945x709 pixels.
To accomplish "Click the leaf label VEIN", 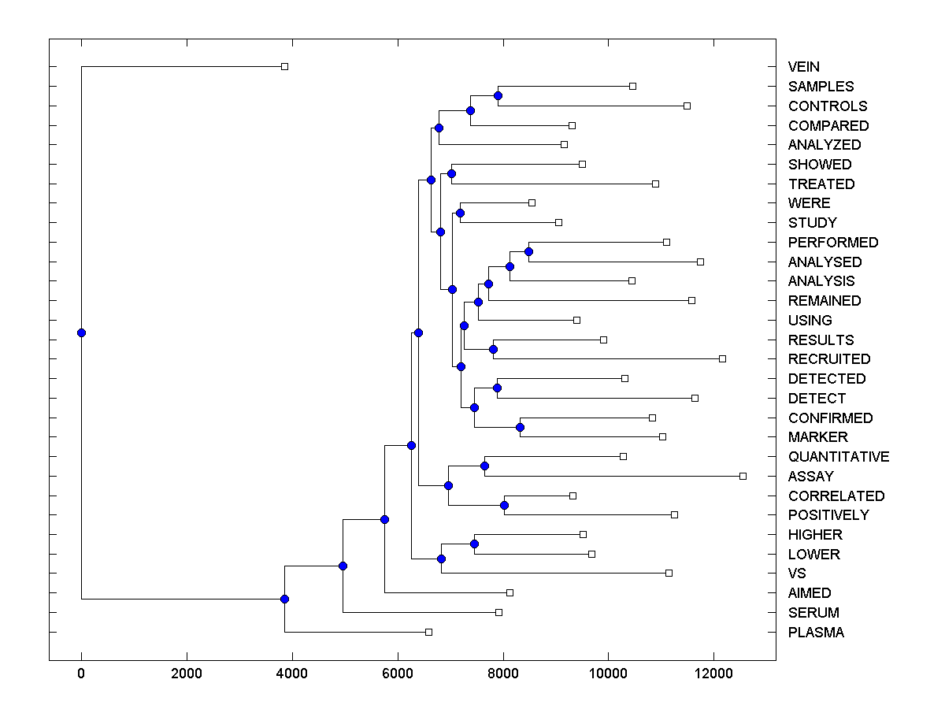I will click(803, 67).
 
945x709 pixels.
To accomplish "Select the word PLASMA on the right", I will click(815, 633).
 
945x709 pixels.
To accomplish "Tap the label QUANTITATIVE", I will click(838, 457).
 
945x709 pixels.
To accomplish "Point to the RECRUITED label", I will click(828, 359).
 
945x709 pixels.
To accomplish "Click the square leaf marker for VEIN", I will click(285, 67).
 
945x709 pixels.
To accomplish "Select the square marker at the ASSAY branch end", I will click(743, 476).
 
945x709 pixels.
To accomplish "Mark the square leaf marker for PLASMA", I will click(428, 632).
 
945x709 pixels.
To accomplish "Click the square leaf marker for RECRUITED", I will click(722, 359).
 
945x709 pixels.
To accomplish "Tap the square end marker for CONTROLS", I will click(687, 106).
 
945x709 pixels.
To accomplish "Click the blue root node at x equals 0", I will click(81, 332).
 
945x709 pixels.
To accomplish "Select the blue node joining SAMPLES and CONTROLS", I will click(498, 95).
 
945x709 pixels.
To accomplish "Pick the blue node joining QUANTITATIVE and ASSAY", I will click(484, 466).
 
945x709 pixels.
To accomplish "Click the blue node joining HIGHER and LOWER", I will click(474, 544).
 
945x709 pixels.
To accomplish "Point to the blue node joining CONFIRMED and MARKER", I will click(520, 427).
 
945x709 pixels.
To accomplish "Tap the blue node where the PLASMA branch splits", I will click(285, 599).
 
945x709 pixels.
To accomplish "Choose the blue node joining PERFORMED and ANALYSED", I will click(528, 251).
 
